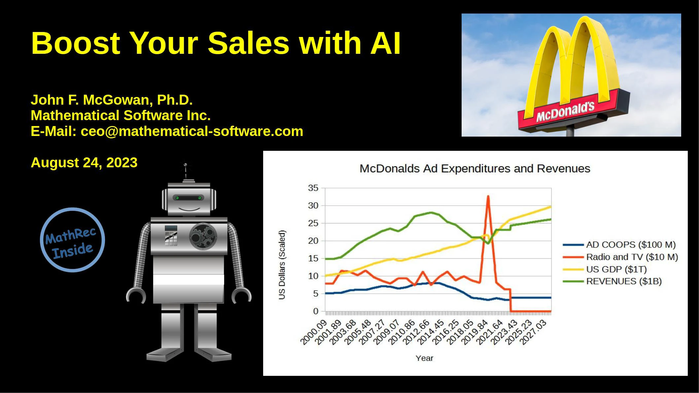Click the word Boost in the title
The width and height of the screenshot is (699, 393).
[76, 43]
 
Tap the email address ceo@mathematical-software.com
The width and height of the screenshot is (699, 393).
[192, 131]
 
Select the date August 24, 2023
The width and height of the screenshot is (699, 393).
[84, 163]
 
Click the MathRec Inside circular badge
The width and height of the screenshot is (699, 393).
[73, 240]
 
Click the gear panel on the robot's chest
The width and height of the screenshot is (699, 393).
[203, 236]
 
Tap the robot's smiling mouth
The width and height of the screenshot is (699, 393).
[189, 209]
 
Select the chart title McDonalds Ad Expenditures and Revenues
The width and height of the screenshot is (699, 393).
[475, 169]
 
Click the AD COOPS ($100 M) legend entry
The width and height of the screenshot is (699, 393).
[619, 245]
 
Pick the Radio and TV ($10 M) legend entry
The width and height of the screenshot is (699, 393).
[620, 257]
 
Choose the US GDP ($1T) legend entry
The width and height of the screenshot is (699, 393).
[605, 269]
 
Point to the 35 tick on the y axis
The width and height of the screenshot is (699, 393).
[313, 188]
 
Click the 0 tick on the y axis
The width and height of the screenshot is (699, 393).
[316, 311]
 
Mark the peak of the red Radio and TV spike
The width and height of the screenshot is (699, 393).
[488, 196]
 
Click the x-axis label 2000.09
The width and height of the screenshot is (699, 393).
[313, 332]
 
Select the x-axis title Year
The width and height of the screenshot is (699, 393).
[424, 358]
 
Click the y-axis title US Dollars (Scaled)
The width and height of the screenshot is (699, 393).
[282, 265]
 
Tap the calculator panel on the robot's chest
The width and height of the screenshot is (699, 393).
[171, 236]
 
